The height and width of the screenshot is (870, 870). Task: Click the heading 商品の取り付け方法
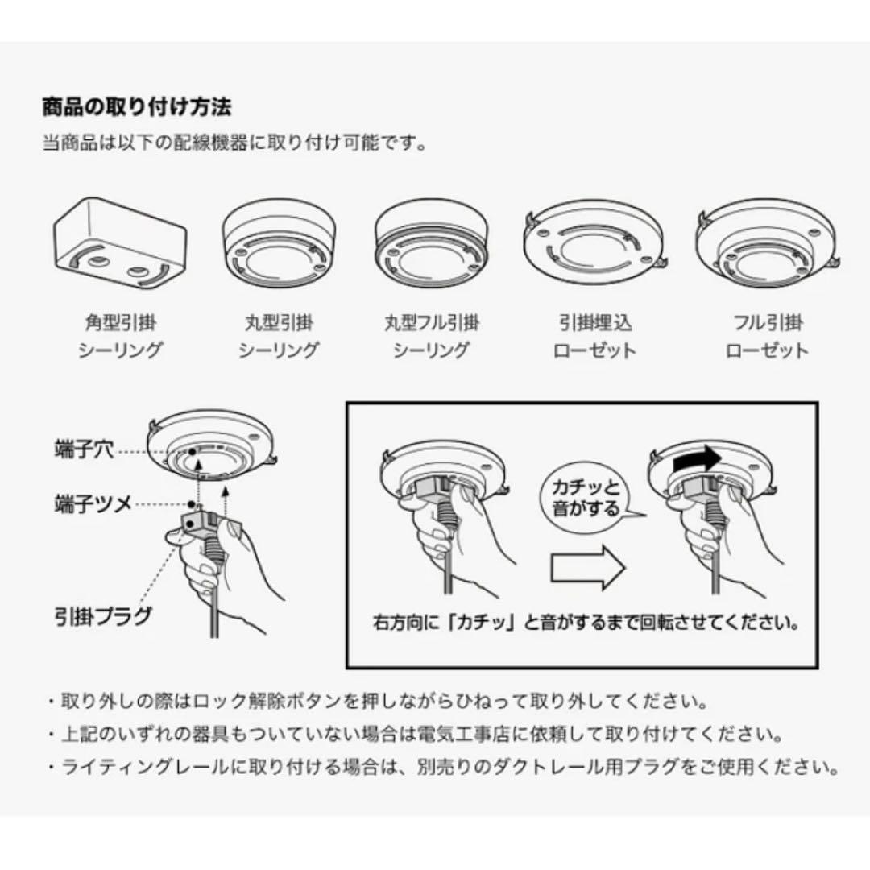click(137, 106)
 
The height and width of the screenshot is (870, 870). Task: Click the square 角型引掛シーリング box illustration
click(120, 242)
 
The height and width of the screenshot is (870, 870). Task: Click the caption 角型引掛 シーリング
click(120, 337)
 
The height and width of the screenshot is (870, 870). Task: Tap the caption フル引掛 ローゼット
click(767, 337)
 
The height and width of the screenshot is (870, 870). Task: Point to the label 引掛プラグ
click(102, 618)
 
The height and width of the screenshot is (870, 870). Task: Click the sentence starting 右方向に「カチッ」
click(587, 623)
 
